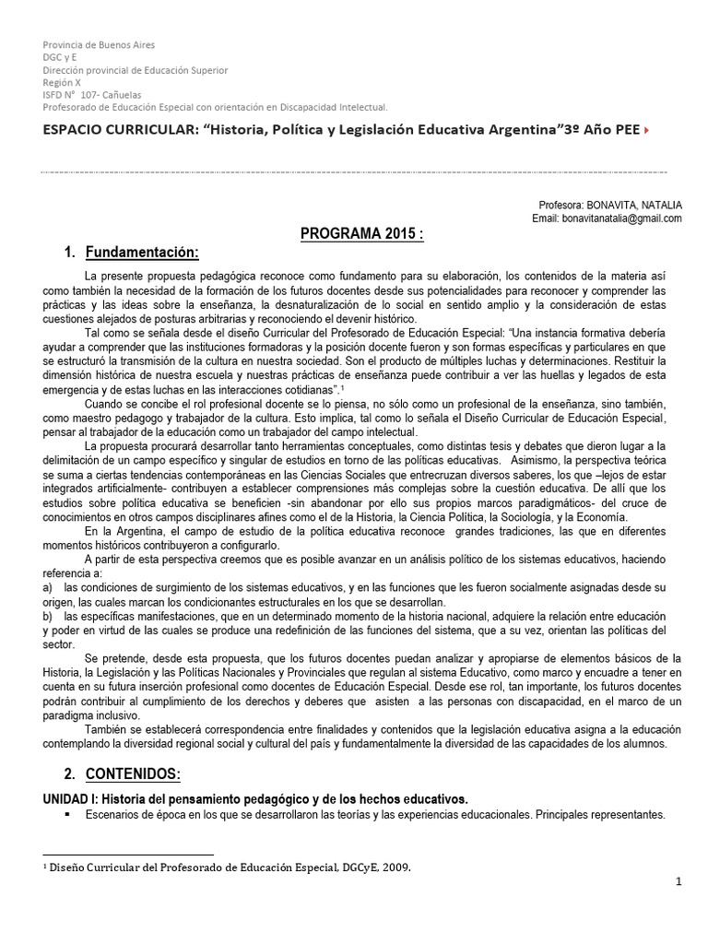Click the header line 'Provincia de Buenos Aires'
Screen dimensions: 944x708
(99, 45)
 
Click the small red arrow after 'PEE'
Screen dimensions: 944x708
(645, 131)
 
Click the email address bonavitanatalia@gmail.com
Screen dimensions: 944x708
(621, 218)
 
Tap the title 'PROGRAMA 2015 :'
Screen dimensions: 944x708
(362, 235)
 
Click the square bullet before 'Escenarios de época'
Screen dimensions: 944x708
(68, 814)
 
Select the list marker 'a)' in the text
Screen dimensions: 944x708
(48, 586)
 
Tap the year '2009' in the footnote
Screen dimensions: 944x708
(394, 867)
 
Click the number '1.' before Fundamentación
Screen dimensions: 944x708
(69, 254)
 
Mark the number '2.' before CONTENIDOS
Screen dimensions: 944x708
(69, 773)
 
